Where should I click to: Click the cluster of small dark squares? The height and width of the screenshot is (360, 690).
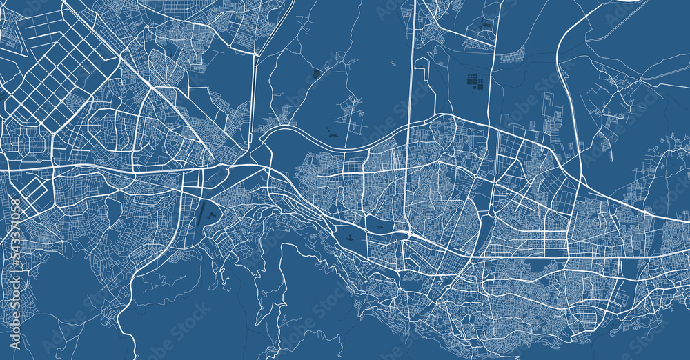475,81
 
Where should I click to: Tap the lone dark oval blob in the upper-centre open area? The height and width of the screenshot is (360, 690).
317,73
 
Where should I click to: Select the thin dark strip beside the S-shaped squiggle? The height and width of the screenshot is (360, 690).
201,215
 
